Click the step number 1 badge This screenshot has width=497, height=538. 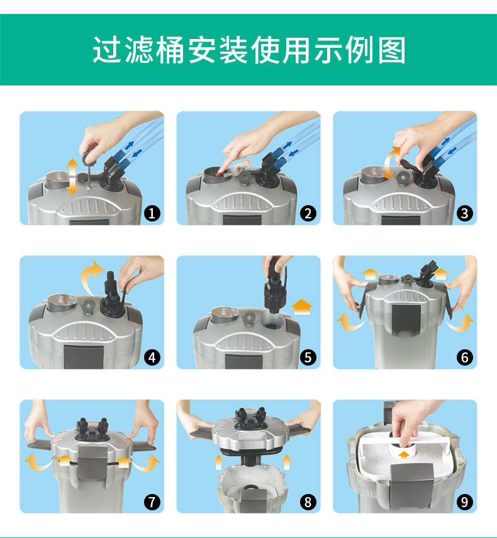click(152, 214)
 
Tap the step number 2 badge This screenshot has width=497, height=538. click(308, 214)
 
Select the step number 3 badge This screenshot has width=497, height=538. click(464, 214)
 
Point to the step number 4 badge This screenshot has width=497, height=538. click(152, 358)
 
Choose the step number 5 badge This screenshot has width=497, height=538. click(308, 358)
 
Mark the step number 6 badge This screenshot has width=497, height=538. click(464, 358)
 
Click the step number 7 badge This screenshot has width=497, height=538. click(152, 502)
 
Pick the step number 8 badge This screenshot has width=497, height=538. click(308, 502)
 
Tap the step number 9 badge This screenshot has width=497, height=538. click(464, 502)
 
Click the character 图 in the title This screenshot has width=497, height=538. click(392, 50)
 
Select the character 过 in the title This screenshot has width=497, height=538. click(107, 50)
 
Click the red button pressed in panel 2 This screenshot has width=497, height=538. click(218, 174)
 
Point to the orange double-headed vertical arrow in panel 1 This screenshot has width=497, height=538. click(72, 177)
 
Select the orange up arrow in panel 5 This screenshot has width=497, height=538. click(302, 306)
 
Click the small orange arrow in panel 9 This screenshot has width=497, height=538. click(405, 455)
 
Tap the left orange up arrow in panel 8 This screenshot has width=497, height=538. click(218, 462)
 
